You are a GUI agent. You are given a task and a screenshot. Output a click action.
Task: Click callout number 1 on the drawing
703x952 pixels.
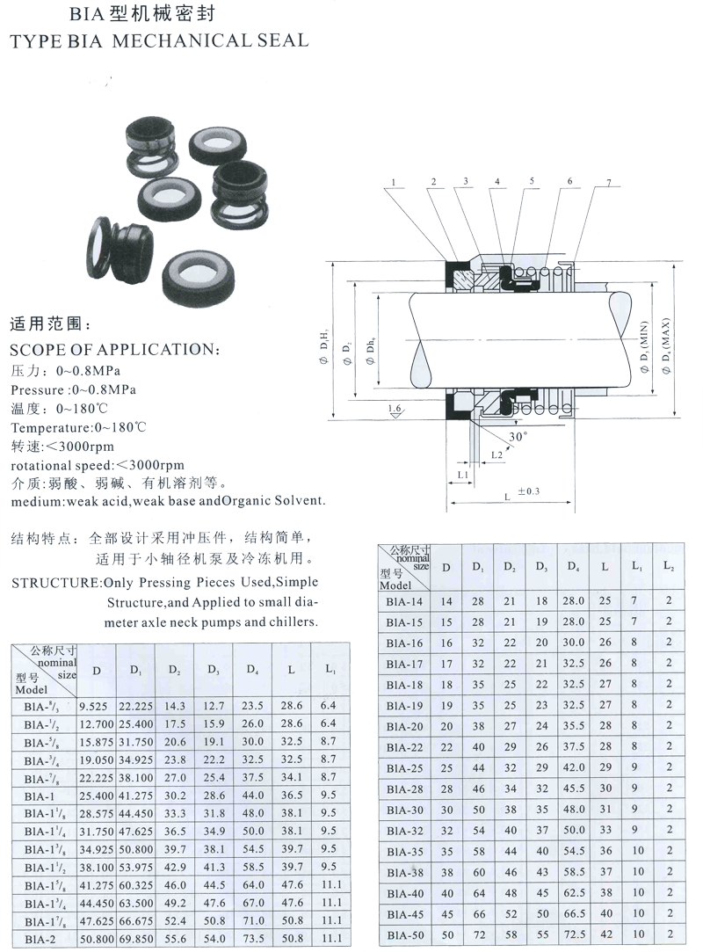(x=394, y=183)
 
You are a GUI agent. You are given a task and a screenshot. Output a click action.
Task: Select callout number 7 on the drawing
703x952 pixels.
(x=607, y=183)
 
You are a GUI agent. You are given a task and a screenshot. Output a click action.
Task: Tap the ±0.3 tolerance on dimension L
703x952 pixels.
(x=529, y=491)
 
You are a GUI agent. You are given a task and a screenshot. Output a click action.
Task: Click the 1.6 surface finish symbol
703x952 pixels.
(x=396, y=410)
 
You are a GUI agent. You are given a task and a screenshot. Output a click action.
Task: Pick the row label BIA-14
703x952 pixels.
(x=404, y=602)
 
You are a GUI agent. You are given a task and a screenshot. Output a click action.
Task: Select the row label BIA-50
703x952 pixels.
(x=404, y=934)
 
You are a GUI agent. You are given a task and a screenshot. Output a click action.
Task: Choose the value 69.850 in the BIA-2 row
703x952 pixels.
(x=136, y=940)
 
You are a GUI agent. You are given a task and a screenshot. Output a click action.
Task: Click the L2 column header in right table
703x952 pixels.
(x=669, y=567)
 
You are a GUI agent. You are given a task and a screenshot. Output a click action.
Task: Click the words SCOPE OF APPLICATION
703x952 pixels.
(x=114, y=349)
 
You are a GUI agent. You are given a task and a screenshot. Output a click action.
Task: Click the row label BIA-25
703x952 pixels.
(x=404, y=768)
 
